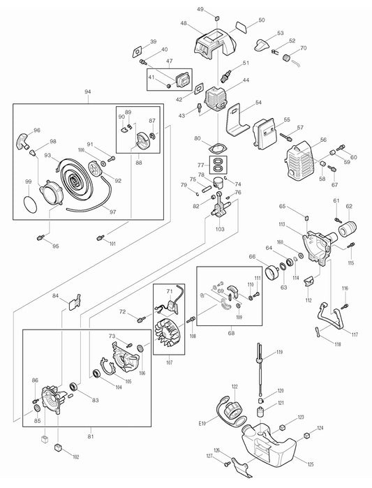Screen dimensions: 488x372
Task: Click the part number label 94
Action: (87, 92)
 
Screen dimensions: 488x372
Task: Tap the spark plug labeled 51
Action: (225, 73)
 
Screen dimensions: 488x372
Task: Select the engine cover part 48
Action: (212, 43)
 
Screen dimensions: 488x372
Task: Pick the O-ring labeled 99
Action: (29, 205)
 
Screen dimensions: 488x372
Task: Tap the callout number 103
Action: (220, 228)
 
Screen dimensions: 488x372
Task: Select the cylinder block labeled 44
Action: (216, 98)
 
